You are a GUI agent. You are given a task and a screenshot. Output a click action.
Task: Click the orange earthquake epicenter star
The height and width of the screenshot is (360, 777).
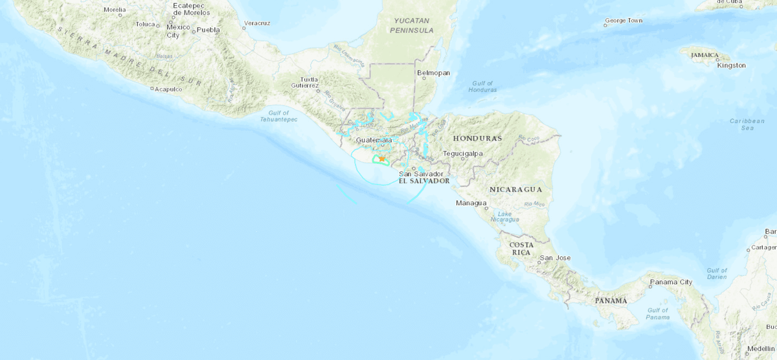382,158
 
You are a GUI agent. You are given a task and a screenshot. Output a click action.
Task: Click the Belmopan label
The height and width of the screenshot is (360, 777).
434,73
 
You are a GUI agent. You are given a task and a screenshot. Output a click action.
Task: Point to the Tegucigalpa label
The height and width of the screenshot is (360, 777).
464,153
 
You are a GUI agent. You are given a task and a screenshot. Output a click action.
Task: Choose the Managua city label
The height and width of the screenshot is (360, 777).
471,203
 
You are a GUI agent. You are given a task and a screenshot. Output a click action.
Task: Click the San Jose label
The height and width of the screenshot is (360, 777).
555,258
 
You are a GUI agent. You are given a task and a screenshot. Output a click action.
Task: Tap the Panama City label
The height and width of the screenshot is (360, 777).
671,282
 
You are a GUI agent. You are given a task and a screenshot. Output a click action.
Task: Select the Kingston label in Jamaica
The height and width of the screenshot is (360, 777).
731,65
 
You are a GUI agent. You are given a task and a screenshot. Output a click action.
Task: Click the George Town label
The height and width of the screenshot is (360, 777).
623,21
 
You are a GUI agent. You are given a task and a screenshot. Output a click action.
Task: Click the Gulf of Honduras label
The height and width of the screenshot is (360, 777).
482,86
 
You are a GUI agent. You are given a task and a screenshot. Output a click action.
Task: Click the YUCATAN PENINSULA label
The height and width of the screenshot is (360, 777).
412,25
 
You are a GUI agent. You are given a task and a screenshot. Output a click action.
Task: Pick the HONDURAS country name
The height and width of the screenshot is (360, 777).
477,139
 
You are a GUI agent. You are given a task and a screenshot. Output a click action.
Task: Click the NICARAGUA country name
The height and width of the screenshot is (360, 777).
515,189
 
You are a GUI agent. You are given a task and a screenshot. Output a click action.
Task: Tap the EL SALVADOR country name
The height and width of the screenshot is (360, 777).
424,181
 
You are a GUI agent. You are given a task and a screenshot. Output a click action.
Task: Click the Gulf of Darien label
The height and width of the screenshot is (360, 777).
717,274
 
